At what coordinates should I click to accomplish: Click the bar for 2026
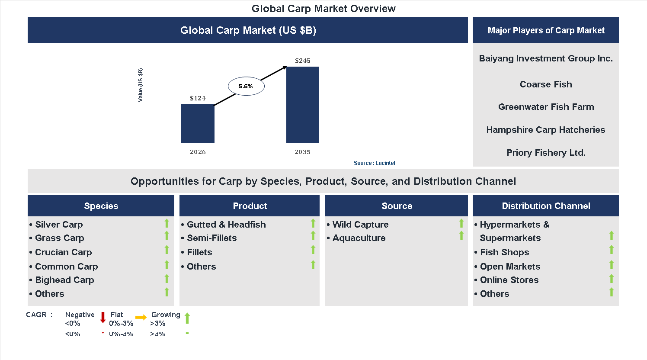pos(198,124)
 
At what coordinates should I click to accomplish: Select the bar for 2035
pos(303,105)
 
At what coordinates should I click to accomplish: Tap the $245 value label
pos(303,61)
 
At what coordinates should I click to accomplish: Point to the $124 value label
pos(198,98)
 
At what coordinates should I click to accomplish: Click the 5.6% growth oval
pos(246,86)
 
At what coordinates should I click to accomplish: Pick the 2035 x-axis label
pos(303,152)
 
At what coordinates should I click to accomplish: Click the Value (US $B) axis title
pos(141,85)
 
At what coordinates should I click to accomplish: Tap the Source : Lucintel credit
pos(374,163)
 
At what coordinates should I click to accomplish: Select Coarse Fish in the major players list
pos(546,84)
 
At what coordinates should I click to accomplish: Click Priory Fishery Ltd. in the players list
pos(546,153)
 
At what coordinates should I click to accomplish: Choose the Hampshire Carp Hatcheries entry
pos(546,130)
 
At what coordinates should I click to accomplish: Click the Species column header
pos(101,206)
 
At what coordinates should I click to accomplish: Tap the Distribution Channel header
pos(546,206)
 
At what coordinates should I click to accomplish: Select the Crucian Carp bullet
pos(63,252)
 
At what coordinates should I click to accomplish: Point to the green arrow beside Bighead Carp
pos(167,279)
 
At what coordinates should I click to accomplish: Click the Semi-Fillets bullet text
pos(211,238)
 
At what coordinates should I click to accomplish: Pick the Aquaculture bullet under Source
pos(359,238)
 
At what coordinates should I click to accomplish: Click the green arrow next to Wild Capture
pos(461,223)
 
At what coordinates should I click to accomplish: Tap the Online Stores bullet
pos(509,280)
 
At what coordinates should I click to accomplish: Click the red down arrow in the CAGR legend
pos(103,318)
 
